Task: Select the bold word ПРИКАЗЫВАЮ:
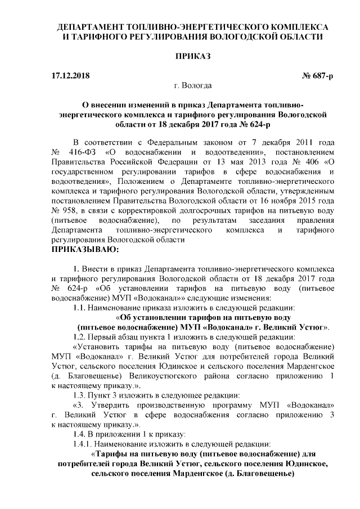pos(85,248)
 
